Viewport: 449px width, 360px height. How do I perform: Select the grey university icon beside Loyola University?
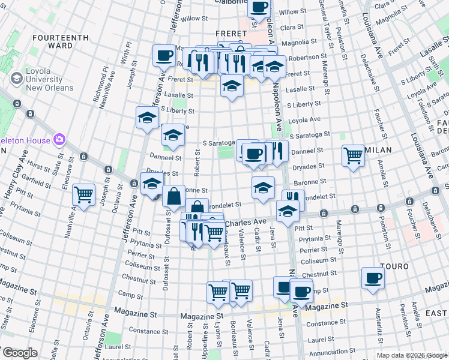pos(16,78)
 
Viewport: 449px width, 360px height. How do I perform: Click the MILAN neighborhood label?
pos(378,149)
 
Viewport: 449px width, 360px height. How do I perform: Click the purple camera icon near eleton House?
pos(59,140)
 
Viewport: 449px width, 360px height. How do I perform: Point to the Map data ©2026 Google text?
pos(411,355)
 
